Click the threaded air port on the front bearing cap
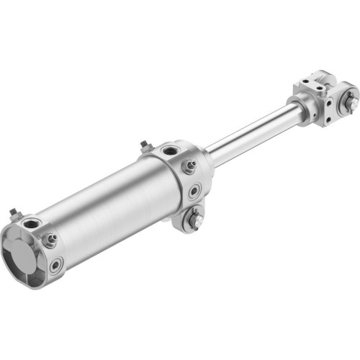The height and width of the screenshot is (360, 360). pos(170,151)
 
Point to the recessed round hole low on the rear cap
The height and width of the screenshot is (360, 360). pos(55,265)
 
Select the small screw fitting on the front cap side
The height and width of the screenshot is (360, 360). pos(190,167)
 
